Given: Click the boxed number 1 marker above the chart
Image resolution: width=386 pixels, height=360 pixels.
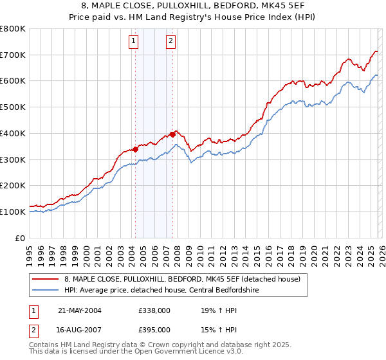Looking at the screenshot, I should click(x=134, y=42).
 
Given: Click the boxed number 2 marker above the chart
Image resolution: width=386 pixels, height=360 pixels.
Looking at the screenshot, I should click(x=170, y=42).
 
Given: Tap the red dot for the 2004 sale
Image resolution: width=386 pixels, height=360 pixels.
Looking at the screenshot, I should click(x=136, y=149).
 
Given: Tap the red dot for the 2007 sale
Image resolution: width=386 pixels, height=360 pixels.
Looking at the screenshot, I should click(x=172, y=134).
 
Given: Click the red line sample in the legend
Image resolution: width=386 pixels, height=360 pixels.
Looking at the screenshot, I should click(x=46, y=278).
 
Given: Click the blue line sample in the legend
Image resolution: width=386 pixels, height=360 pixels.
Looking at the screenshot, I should click(x=46, y=289).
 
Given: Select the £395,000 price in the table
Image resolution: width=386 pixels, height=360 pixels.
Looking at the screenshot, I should click(x=154, y=329).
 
